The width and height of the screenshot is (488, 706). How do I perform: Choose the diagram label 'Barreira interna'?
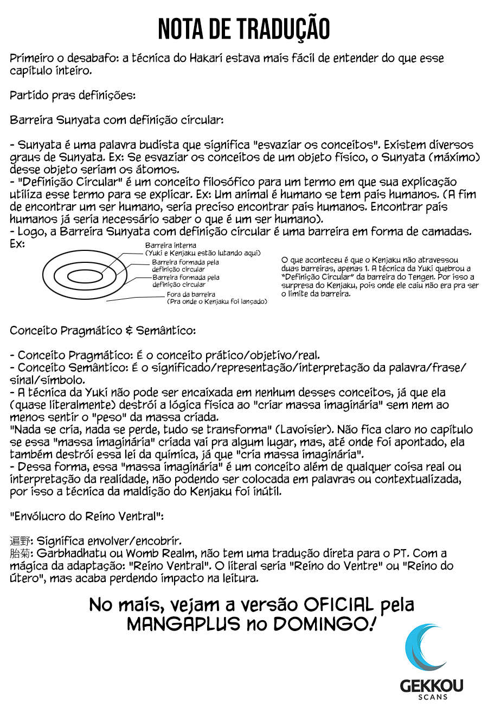coord(163,245)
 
